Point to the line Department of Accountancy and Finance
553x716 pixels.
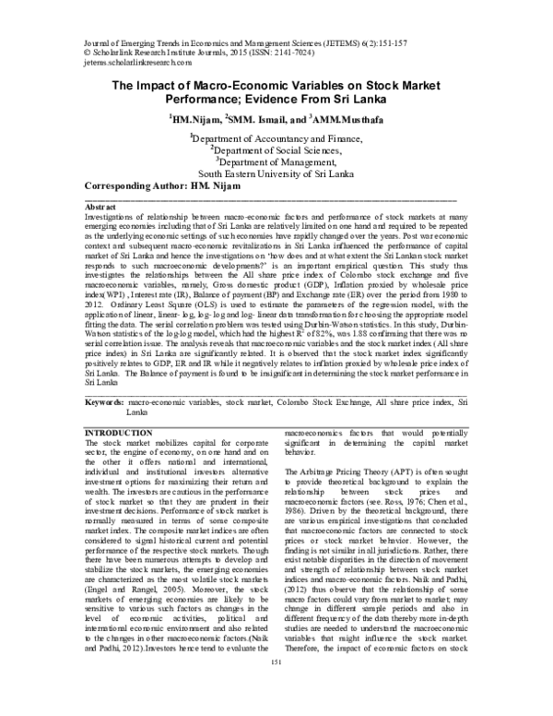click(x=277, y=137)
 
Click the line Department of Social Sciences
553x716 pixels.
click(x=277, y=149)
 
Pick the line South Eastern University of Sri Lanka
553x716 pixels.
click(x=276, y=172)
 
